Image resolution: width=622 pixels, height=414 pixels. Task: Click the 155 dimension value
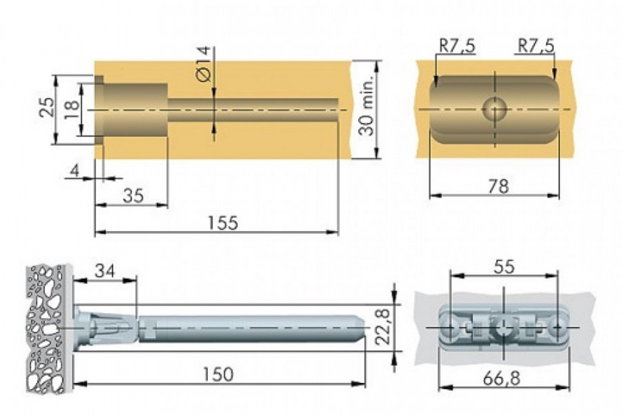(x=223, y=223)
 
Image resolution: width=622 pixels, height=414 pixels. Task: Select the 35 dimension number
(x=133, y=195)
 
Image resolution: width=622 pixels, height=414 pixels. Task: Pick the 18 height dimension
(x=71, y=109)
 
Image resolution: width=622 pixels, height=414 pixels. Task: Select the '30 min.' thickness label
(x=366, y=105)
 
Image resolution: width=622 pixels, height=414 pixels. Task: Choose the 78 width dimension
(x=499, y=186)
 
